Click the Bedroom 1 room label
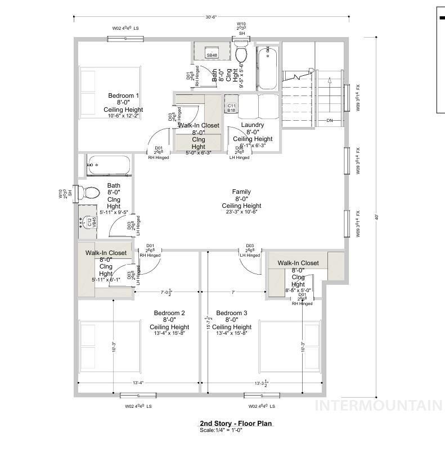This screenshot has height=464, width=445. tap(123, 96)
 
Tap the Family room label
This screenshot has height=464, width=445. tap(241, 192)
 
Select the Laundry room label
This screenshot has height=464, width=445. tap(253, 125)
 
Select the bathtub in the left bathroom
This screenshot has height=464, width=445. tap(108, 166)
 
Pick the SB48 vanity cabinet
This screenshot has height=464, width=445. tap(212, 54)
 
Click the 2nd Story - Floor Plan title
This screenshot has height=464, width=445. tap(236, 424)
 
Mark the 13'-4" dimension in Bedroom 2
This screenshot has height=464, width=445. tap(138, 383)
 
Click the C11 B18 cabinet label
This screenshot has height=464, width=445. tap(231, 108)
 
